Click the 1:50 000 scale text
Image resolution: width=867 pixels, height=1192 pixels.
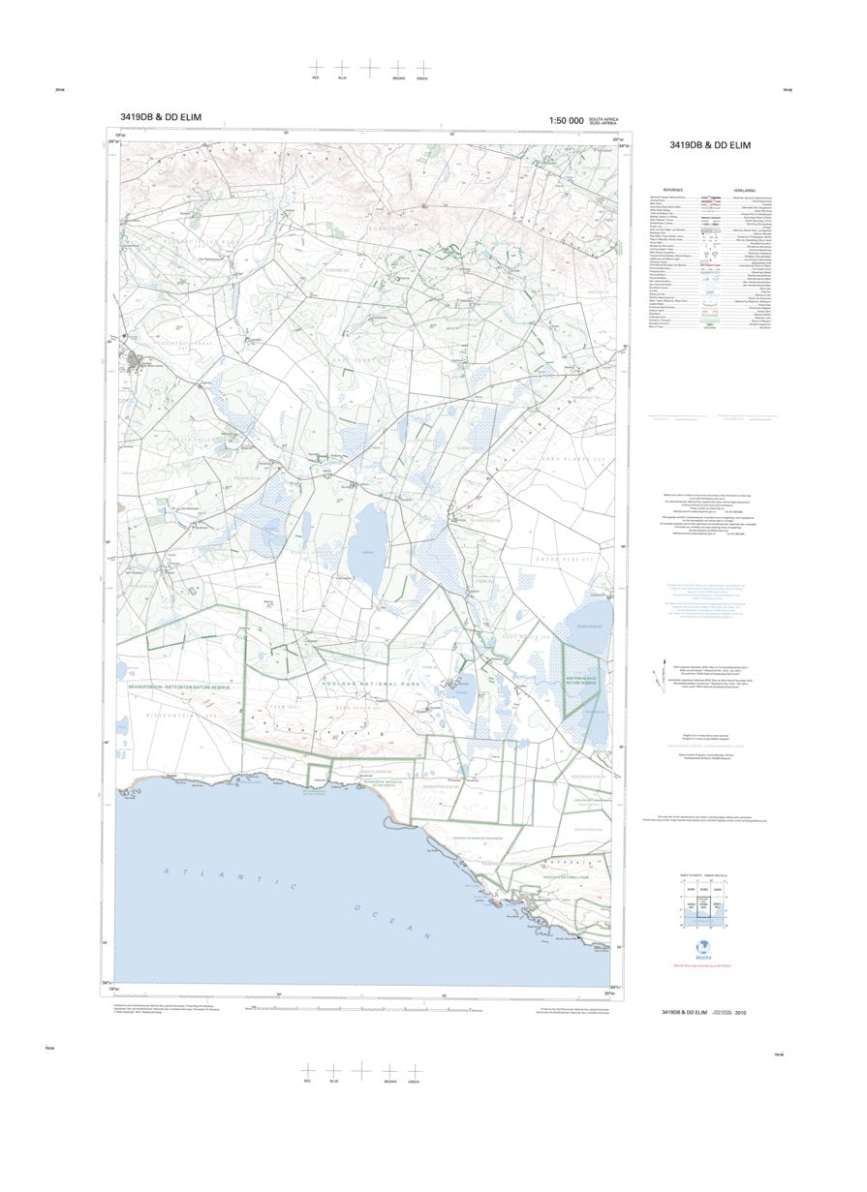(566, 121)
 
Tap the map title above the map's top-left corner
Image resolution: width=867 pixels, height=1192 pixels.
(161, 118)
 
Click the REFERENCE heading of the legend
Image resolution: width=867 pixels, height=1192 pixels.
(672, 190)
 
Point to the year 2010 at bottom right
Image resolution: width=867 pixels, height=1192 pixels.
(741, 1013)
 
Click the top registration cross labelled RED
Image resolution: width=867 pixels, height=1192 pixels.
(316, 68)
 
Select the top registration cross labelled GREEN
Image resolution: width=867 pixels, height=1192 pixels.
(422, 68)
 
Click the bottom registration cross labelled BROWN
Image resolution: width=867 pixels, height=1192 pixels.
(389, 1070)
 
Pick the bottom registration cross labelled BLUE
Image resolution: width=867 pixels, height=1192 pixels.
(334, 1070)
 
